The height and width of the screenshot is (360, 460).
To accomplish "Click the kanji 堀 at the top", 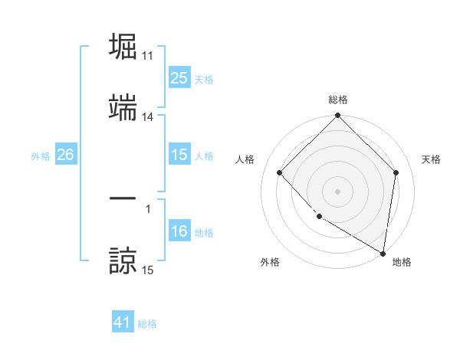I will pos(123,47).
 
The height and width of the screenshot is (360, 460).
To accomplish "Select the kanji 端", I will pos(123,109).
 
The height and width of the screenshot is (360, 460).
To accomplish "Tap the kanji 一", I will pos(123,199).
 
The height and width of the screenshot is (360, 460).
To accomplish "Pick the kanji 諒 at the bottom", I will pos(123,260).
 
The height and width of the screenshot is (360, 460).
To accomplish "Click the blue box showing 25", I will pos(179,78).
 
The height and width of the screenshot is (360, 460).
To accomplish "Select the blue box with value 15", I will pos(179,155).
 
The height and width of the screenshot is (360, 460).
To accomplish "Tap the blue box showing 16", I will pos(179,232).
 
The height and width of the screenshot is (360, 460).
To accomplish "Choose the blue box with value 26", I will pos(65,155).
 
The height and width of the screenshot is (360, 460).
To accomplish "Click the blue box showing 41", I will pos(123,322).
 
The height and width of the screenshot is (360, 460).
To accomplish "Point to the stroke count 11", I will pos(148,56).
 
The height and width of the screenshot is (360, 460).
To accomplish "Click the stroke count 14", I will pos(148,117).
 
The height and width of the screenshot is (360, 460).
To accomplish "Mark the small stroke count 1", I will pos(148,208).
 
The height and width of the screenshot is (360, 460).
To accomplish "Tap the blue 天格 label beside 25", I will pos(204,79).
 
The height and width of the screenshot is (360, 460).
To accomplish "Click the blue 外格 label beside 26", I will pos(41,155).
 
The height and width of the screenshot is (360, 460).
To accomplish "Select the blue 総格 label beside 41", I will pos(147,324).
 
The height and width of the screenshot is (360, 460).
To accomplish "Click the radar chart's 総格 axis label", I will pos(338,100).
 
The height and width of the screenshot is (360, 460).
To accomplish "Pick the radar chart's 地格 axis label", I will pos(402,262).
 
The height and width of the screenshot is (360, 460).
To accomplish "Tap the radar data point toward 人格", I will pos(280,172).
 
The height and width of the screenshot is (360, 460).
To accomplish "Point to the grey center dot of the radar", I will pos(338,191).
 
